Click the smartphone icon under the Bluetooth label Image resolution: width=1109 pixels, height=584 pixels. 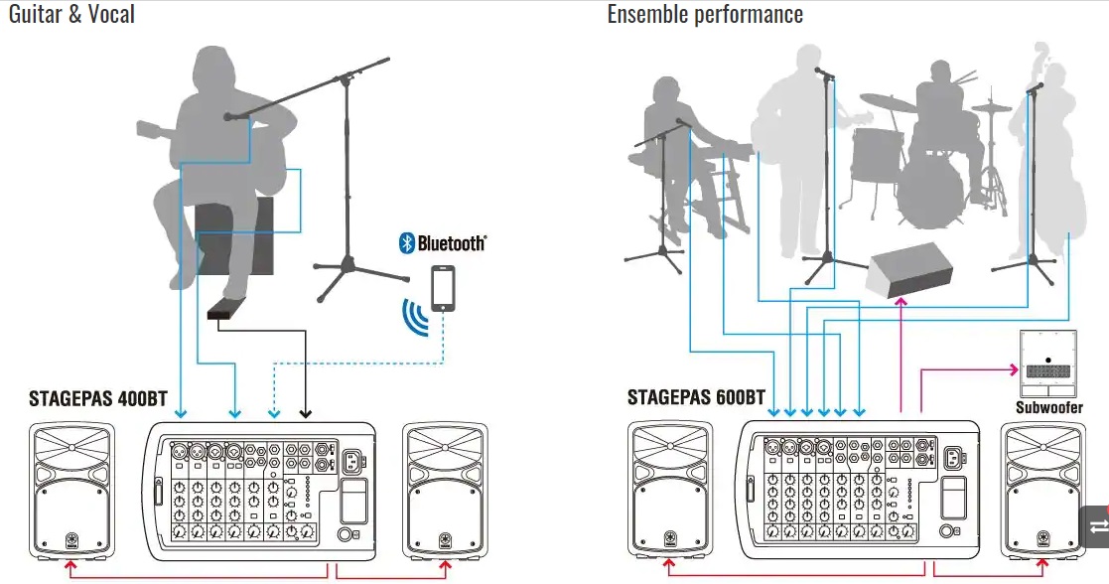(443, 289)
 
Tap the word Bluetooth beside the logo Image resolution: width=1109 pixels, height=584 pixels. (452, 242)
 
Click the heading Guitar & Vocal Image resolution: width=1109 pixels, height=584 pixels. (70, 14)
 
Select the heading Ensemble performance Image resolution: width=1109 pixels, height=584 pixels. (705, 14)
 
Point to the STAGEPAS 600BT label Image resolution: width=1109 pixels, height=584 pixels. (696, 398)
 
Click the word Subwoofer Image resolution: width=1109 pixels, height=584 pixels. (1048, 407)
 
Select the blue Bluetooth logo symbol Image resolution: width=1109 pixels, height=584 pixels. (406, 242)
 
